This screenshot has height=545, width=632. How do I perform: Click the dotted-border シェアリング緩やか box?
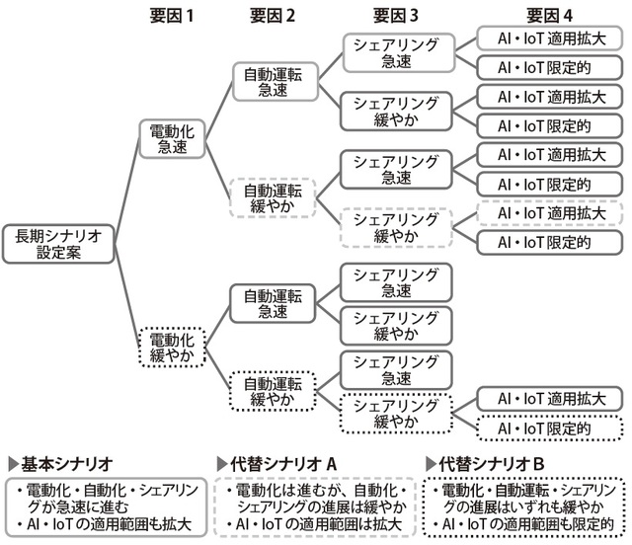click(x=394, y=414)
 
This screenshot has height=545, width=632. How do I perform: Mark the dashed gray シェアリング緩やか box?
click(x=394, y=227)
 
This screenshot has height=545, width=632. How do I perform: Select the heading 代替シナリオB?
click(x=490, y=463)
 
